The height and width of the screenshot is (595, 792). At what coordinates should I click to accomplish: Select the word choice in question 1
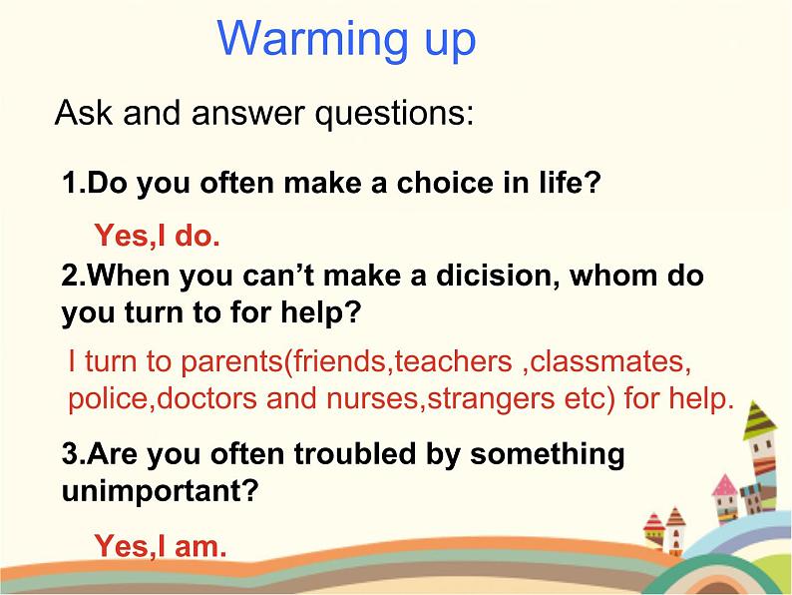pyautogui.click(x=446, y=184)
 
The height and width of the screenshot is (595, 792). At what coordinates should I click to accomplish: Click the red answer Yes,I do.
pyautogui.click(x=156, y=237)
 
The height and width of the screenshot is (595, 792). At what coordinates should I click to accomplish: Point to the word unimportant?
pyautogui.click(x=160, y=491)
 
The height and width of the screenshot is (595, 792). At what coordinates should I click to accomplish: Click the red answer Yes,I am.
pyautogui.click(x=160, y=545)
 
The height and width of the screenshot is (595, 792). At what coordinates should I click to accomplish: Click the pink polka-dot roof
pyautogui.click(x=725, y=486)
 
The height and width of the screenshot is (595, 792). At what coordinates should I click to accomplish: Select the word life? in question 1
pyautogui.click(x=565, y=184)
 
